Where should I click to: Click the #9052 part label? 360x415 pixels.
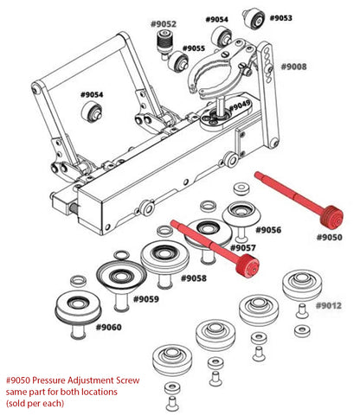click(x=163, y=24)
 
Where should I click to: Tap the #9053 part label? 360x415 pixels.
click(x=281, y=17)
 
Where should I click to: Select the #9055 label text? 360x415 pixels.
click(x=194, y=48)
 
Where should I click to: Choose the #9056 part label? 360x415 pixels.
click(x=269, y=229)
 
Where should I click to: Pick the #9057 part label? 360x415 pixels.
click(x=243, y=248)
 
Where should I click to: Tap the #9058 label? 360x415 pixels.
click(x=195, y=278)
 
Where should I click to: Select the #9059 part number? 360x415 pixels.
click(x=146, y=299)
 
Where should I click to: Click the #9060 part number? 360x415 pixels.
click(x=109, y=328)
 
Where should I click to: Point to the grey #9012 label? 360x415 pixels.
click(x=329, y=306)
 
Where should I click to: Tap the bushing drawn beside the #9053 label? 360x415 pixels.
click(x=254, y=17)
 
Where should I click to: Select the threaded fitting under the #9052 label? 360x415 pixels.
click(x=161, y=43)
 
